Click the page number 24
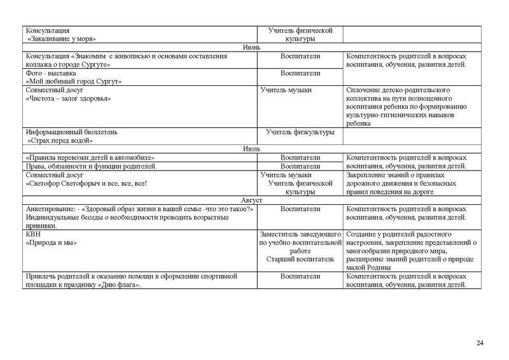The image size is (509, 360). click(480, 344)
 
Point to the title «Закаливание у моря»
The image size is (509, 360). click(66, 39)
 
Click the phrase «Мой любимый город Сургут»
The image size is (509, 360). click(73, 81)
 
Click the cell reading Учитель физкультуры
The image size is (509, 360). click(300, 132)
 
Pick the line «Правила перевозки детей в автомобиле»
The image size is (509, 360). click(90, 157)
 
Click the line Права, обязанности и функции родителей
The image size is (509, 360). click(91, 166)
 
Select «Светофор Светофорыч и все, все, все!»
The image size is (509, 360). click(86, 183)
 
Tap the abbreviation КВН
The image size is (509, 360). click(32, 234)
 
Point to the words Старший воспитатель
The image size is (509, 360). click(299, 259)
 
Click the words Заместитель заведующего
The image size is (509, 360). click(300, 234)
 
